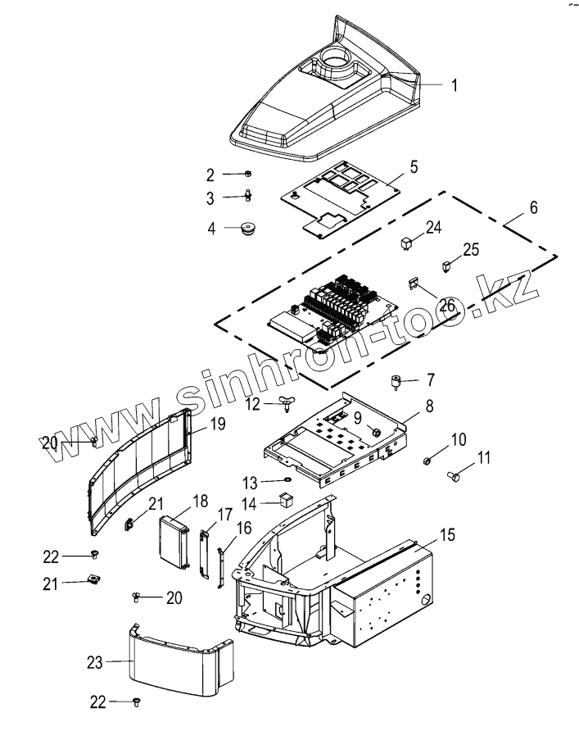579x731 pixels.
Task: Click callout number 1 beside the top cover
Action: [455, 84]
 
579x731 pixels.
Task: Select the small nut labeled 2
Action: [247, 174]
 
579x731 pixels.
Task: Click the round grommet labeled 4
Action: [245, 229]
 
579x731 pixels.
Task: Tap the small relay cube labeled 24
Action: [406, 243]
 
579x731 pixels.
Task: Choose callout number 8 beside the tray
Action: [428, 406]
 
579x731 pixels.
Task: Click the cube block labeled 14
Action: [286, 500]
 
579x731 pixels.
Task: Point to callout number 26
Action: [446, 306]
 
